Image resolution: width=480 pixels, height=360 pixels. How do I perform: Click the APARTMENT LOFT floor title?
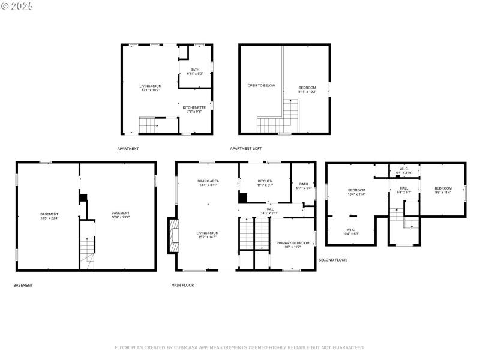[x=245, y=148]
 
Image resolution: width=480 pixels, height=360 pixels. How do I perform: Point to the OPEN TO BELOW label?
[x=261, y=85]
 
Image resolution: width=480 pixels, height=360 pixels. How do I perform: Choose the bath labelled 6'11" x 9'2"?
[x=195, y=71]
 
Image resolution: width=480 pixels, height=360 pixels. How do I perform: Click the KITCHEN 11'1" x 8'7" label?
[x=265, y=183]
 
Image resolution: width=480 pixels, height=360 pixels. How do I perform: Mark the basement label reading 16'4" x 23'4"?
[x=120, y=215]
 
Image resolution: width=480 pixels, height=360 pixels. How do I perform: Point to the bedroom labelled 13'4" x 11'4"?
[x=356, y=192]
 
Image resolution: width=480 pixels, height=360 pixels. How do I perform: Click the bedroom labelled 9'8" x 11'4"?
[x=442, y=190]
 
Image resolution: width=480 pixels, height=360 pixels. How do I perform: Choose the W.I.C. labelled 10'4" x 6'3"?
[x=351, y=232]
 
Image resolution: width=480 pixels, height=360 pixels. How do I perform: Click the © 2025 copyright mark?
[x=17, y=6]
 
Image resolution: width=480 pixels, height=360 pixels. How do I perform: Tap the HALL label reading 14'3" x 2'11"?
[x=269, y=211]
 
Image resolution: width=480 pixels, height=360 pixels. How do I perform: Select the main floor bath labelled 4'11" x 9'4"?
[x=304, y=186]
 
